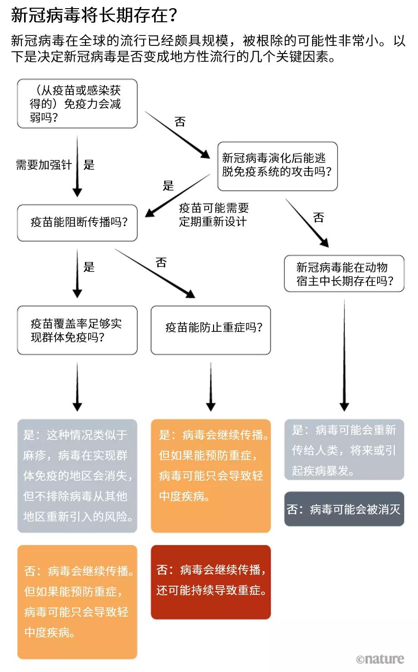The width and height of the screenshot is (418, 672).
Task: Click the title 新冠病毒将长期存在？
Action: point(94,15)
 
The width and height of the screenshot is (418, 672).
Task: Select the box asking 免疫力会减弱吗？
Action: point(77,104)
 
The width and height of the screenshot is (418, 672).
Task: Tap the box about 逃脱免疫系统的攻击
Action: point(277,166)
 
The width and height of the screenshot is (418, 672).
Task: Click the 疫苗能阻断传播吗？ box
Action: point(77,222)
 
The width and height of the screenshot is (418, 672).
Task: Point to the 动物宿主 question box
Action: point(344,274)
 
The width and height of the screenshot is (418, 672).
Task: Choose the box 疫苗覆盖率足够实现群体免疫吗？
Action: point(77,330)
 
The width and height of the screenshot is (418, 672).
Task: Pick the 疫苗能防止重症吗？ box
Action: point(211,330)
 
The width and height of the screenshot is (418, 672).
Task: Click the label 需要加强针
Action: point(44,165)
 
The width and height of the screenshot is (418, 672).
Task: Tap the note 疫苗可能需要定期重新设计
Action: point(214,215)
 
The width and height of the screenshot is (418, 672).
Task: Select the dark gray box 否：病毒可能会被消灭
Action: point(344,509)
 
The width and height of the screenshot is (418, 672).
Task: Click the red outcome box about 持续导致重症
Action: point(211,582)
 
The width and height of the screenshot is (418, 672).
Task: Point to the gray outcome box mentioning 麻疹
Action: point(77,475)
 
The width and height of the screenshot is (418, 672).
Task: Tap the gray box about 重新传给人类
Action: point(344,450)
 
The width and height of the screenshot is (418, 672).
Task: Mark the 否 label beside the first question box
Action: point(180,122)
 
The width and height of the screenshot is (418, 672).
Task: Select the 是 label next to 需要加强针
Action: point(89,165)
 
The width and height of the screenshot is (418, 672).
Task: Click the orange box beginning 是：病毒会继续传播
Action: point(211,475)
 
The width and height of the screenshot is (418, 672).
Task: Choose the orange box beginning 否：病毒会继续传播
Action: point(77,602)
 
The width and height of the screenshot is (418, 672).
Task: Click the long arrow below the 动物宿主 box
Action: point(344,354)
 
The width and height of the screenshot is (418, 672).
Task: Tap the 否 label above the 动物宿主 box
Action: point(318,217)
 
